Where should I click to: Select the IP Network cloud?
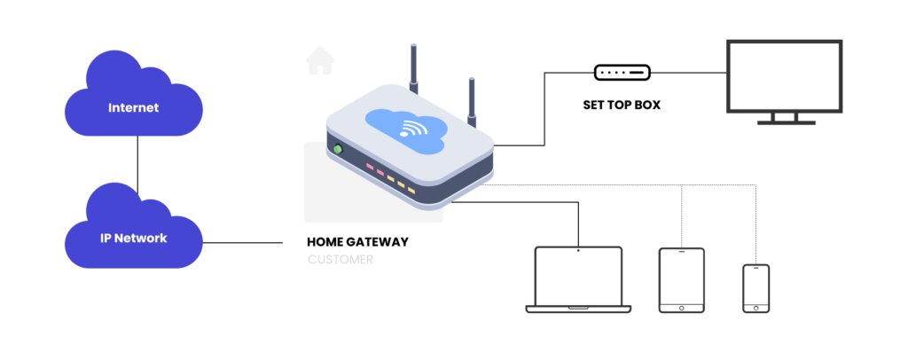click(133, 237)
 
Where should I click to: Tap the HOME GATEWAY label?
click(357, 241)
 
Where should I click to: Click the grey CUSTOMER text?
click(340, 261)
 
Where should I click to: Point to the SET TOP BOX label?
click(622, 105)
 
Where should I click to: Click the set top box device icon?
click(622, 72)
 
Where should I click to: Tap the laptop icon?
click(578, 279)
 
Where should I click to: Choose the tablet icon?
click(681, 279)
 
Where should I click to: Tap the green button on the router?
click(337, 149)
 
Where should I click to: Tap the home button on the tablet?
click(681, 307)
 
